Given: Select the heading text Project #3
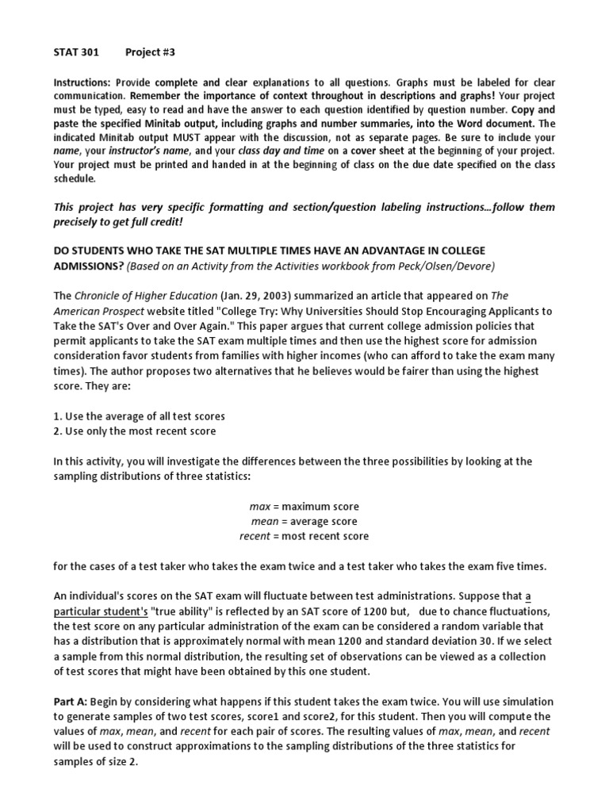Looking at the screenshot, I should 150,52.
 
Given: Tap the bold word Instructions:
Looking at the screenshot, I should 82,82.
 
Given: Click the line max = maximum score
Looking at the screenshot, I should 304,506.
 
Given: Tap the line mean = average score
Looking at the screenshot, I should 304,521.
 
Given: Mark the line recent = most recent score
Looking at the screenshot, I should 304,536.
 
